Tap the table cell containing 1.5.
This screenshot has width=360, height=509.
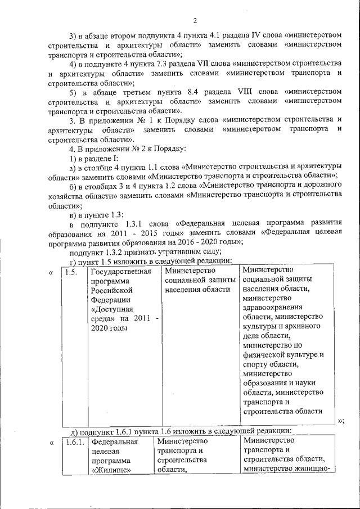coord(72,273)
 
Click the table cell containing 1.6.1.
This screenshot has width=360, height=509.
coord(73,443)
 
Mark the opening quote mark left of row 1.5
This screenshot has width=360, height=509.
coord(51,273)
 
